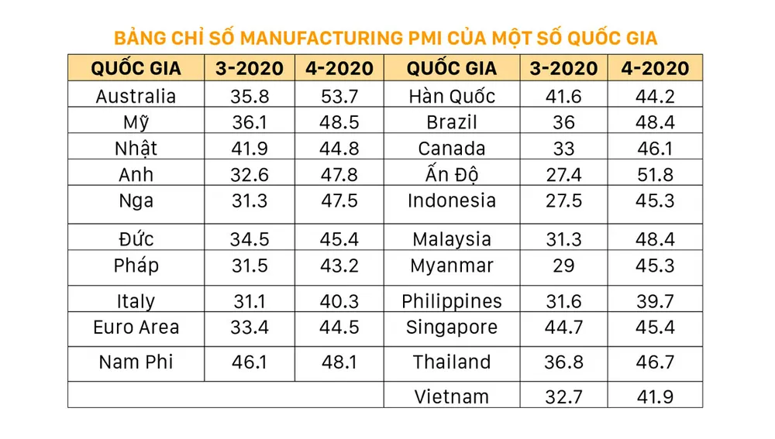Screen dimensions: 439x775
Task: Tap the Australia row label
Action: point(136,96)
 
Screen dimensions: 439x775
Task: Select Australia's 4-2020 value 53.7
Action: point(339,96)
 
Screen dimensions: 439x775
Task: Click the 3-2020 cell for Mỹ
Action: point(250,122)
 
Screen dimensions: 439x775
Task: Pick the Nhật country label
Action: point(136,149)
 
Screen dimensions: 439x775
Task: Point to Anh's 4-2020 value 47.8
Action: point(339,175)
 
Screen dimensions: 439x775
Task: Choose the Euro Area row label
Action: point(136,327)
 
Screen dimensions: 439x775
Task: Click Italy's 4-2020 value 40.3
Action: point(339,301)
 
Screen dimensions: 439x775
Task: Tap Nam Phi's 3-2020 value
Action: point(250,362)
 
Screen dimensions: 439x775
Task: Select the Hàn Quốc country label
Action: point(452,96)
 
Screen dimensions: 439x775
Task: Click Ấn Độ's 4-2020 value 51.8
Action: point(655,175)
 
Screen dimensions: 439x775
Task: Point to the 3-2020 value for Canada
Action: point(563,149)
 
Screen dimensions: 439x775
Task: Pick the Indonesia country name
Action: point(452,201)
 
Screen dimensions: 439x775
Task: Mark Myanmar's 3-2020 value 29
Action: point(563,266)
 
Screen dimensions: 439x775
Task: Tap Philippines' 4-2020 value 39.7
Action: point(655,301)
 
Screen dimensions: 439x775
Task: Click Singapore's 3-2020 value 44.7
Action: point(563,327)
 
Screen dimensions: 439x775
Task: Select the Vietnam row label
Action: point(452,396)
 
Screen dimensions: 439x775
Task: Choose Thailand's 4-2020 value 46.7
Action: point(655,362)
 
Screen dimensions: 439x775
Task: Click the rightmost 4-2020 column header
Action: point(655,68)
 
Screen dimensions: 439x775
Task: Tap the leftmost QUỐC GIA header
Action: point(136,68)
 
